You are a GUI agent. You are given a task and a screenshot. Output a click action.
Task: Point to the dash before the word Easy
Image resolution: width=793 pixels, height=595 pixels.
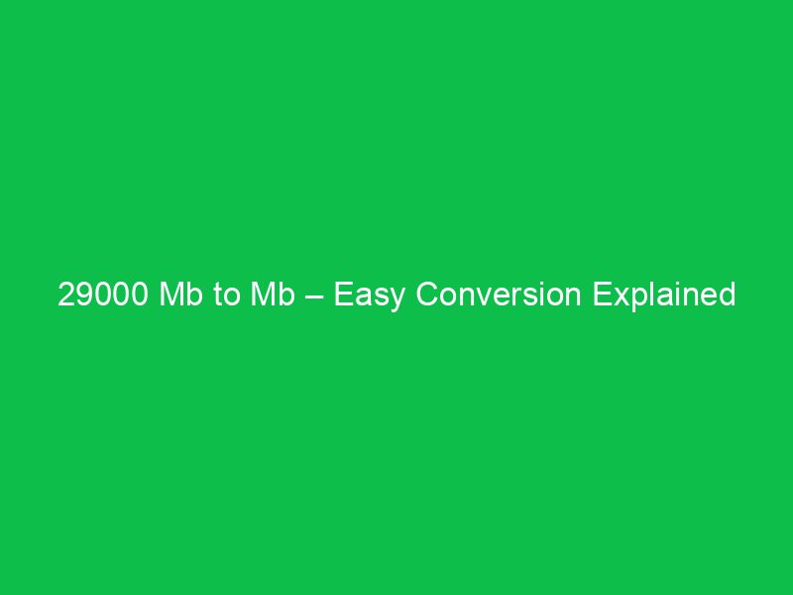click(x=313, y=297)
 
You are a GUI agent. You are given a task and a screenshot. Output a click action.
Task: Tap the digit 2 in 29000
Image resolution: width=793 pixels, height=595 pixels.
click(x=66, y=296)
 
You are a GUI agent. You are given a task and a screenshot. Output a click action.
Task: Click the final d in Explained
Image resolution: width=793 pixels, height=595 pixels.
click(x=727, y=296)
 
